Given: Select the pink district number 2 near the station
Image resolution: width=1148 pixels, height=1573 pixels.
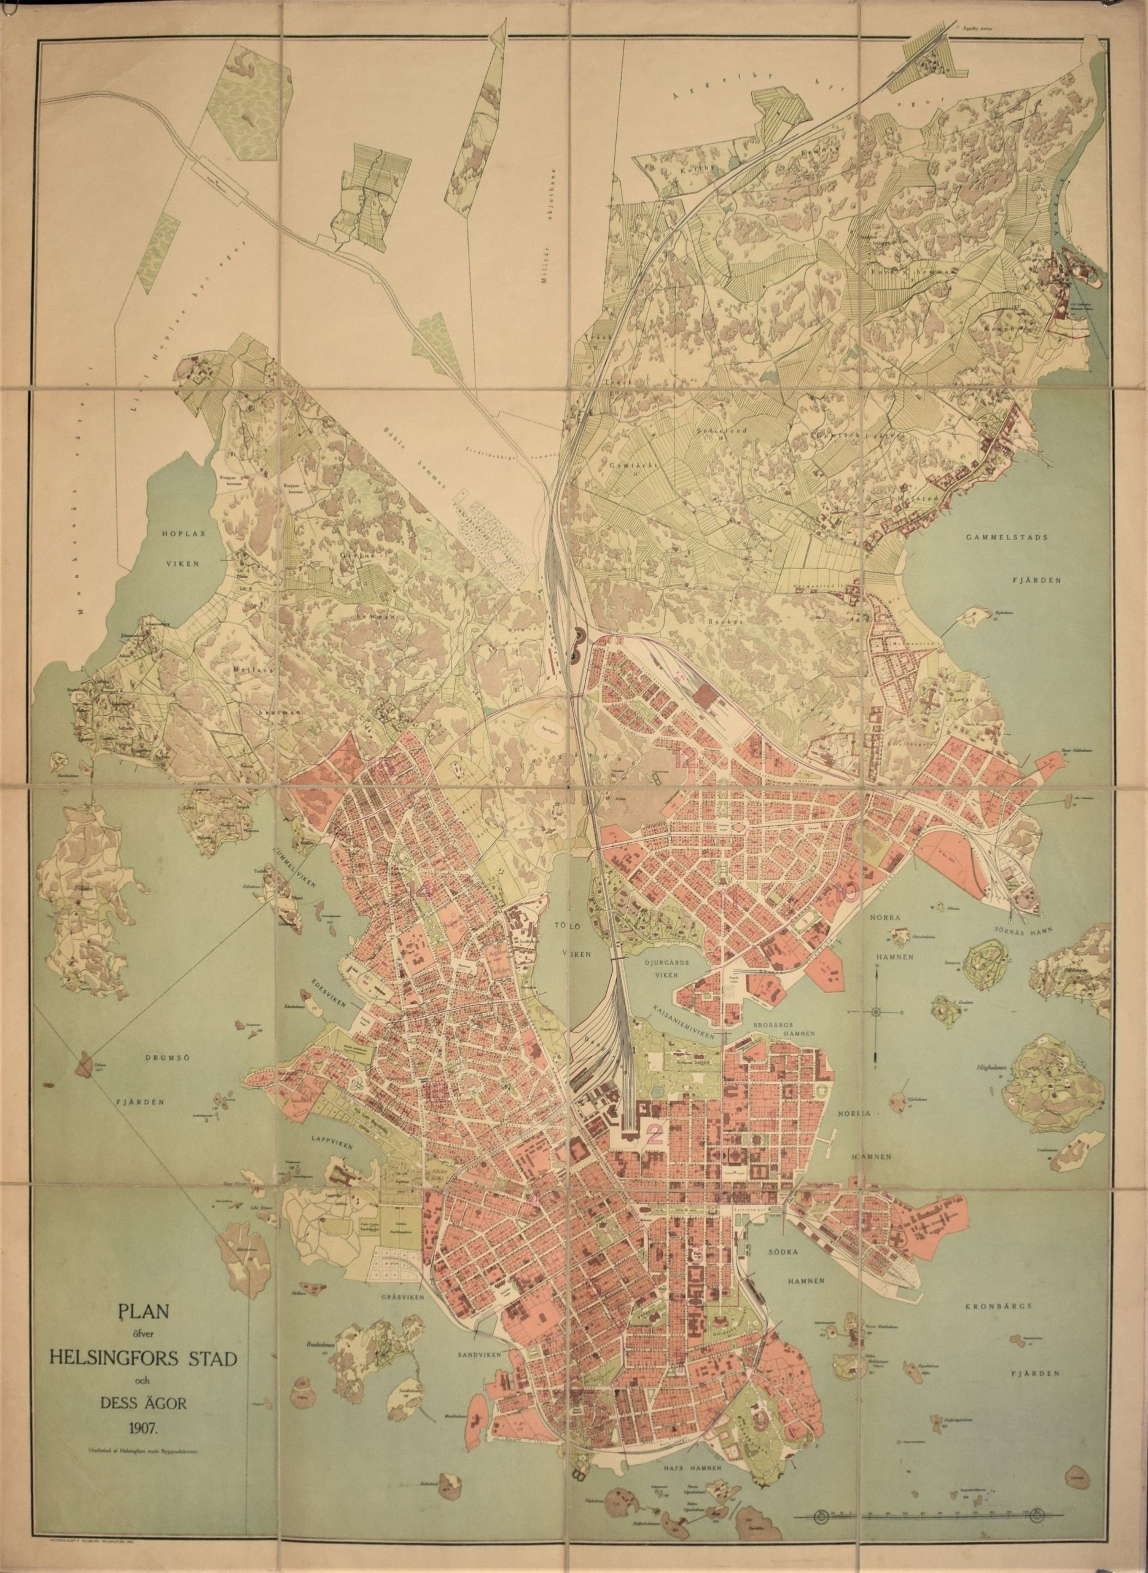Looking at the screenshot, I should [x=653, y=1136].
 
